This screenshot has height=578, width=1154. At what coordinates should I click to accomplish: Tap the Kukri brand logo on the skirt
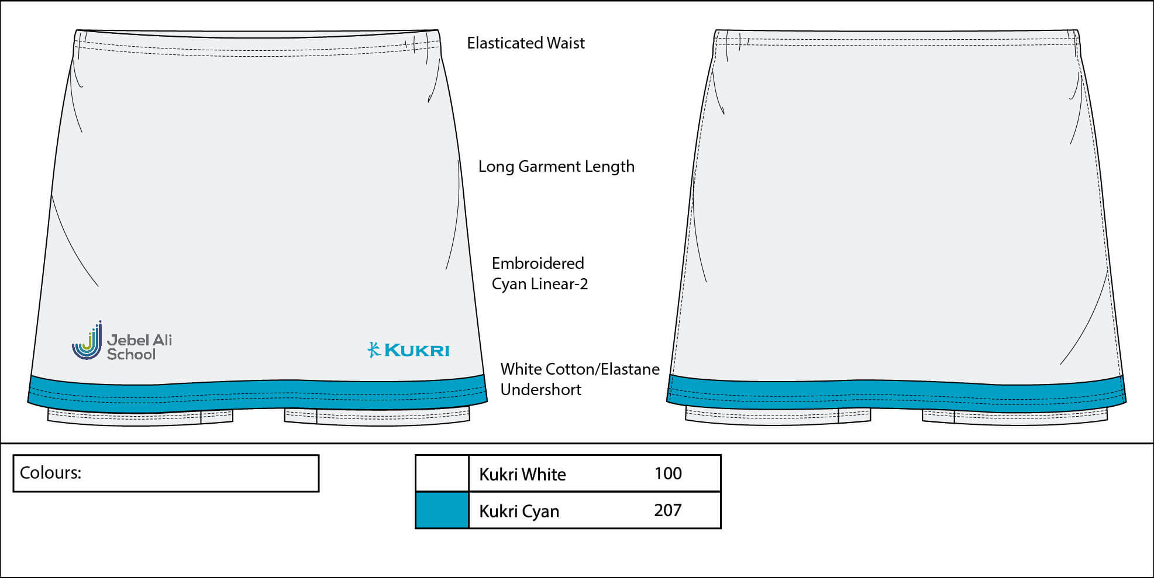(x=408, y=350)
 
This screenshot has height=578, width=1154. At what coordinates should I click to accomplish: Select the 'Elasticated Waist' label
(x=525, y=43)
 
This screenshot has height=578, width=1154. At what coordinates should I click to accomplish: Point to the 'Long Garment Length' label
(x=556, y=167)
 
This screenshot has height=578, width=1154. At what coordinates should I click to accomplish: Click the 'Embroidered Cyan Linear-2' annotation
(x=539, y=274)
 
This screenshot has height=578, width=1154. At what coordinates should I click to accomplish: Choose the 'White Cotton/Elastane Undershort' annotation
(x=579, y=379)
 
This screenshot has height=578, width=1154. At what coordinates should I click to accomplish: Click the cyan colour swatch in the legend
(x=442, y=510)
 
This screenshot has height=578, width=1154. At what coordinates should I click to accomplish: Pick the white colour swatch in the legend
(x=442, y=473)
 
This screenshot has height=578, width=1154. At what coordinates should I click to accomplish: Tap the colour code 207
(x=667, y=510)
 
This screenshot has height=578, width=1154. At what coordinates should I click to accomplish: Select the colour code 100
(x=667, y=473)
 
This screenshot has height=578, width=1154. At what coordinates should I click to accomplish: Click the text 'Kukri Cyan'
(x=519, y=511)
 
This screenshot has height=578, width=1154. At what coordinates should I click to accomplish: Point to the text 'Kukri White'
(x=522, y=474)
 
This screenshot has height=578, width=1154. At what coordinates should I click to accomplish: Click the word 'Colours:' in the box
(x=50, y=473)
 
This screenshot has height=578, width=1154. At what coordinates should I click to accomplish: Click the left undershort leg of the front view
(x=140, y=416)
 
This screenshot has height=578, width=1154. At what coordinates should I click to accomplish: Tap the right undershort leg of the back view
(x=1014, y=416)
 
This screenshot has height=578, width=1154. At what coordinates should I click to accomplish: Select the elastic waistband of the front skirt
(x=257, y=43)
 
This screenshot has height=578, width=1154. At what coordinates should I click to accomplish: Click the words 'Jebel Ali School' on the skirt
(x=139, y=347)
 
